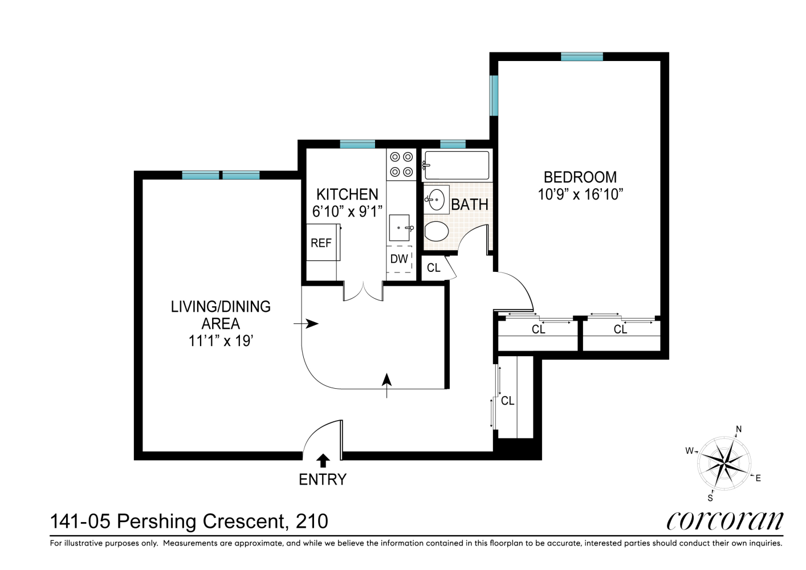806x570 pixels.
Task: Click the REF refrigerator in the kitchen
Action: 323,242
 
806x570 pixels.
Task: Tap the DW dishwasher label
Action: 399,259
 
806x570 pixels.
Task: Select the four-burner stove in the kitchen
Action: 401,165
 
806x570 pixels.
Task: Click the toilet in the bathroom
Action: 437,231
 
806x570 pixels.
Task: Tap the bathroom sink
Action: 436,199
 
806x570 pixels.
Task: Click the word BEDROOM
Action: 580,177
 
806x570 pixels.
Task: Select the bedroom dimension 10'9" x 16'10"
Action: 580,195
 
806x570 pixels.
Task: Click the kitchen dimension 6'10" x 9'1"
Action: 347,211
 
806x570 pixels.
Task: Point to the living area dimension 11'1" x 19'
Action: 221,340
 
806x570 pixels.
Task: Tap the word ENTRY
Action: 323,479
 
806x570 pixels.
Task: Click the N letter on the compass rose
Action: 739,429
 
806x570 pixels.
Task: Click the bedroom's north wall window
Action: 582,57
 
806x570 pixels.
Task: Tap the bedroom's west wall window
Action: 494,95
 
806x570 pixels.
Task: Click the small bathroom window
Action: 453,144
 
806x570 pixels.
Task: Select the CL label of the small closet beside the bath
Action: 434,267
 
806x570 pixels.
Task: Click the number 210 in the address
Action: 312,521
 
